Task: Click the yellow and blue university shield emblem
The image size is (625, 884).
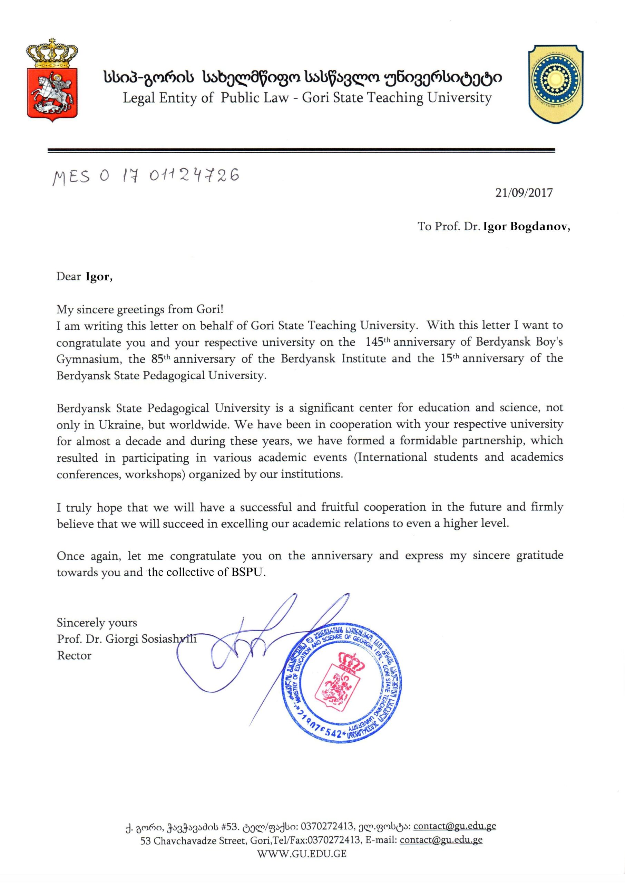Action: [555, 84]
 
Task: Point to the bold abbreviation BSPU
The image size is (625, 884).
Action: [248, 573]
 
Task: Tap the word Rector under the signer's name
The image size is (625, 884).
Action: [74, 656]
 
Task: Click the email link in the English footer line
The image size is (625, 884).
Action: [441, 840]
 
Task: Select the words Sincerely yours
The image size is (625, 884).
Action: [97, 623]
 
